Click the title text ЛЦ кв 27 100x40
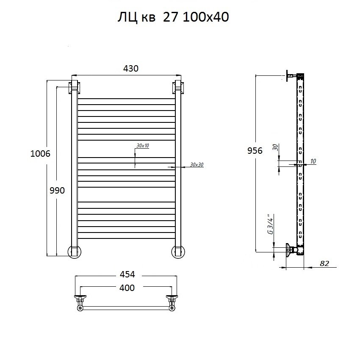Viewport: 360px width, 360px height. [173, 17]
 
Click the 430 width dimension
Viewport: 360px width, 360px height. [131, 69]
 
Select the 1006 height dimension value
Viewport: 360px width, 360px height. [40, 154]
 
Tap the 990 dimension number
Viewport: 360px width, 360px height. [57, 190]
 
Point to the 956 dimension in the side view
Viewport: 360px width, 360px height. [255, 151]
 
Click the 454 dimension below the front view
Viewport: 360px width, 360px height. [127, 274]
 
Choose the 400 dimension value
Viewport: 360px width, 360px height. [127, 288]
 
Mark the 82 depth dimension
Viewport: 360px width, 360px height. [324, 263]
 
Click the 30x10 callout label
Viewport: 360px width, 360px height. [143, 146]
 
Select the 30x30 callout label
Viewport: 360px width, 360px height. [197, 165]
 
